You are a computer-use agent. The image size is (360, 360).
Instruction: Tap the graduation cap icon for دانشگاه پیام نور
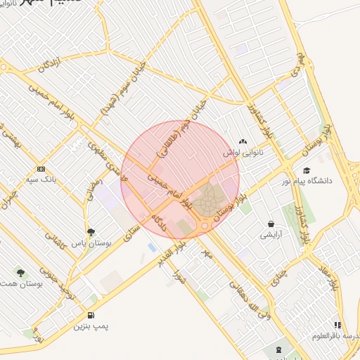coord(307,170)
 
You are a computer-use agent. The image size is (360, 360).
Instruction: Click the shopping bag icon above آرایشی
coord(270,224)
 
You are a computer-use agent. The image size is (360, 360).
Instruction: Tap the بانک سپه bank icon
coord(41,169)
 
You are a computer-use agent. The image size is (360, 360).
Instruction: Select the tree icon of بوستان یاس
coord(90,232)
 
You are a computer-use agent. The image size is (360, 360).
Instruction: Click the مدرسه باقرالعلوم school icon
coord(338,325)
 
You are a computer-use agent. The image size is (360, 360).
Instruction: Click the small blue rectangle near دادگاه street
coord(152,247)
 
